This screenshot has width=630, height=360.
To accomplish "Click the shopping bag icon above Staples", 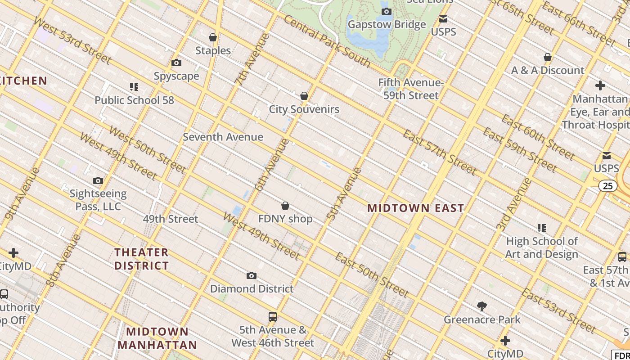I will (x=213, y=37).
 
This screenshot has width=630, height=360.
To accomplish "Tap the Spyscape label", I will (x=176, y=76).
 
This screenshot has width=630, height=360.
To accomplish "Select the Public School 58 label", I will (x=134, y=100).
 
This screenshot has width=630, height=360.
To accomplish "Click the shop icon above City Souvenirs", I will (x=304, y=96).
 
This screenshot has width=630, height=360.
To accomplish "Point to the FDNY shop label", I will (x=285, y=219).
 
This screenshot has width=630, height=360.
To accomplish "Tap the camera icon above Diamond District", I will (x=252, y=275).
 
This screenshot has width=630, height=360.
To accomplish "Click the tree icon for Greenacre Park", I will (x=482, y=307).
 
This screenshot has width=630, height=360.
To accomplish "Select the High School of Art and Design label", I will (x=541, y=248).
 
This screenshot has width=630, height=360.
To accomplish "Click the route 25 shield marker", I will (x=608, y=186).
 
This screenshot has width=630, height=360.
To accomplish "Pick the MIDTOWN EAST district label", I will (x=415, y=208).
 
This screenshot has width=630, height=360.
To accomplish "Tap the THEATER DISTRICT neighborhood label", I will (x=141, y=259).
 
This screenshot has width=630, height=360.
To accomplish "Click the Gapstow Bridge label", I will (x=387, y=24).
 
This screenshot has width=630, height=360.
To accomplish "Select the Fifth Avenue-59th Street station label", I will (x=411, y=89).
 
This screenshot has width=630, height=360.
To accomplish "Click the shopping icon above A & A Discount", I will (x=548, y=57).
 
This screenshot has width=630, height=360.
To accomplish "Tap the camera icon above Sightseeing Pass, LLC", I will (x=98, y=181).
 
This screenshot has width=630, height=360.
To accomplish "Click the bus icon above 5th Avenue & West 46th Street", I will (x=272, y=316).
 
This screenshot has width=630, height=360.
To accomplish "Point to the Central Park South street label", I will (x=327, y=41).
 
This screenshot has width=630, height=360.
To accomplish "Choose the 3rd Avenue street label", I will (x=514, y=205).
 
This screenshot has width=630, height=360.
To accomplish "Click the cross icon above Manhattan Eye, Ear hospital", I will (x=600, y=85).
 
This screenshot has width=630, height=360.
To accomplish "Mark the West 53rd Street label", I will (x=72, y=41).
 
